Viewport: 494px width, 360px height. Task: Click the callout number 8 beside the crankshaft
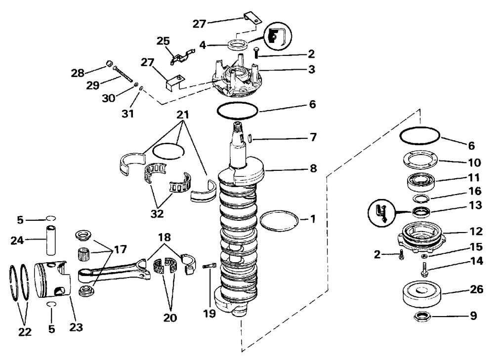pos(313,168)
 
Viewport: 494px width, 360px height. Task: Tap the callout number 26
pos(476,289)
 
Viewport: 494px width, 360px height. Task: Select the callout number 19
pos(209,314)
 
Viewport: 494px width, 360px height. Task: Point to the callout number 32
pos(157,213)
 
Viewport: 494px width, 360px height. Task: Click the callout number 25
pos(163,41)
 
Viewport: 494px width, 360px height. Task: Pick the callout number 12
pos(476,232)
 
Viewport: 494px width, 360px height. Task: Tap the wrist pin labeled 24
pos(51,240)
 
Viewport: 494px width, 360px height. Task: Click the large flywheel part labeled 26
pos(422,294)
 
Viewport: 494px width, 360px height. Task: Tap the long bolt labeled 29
pos(123,74)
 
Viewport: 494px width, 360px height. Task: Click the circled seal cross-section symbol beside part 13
pos(381,213)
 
